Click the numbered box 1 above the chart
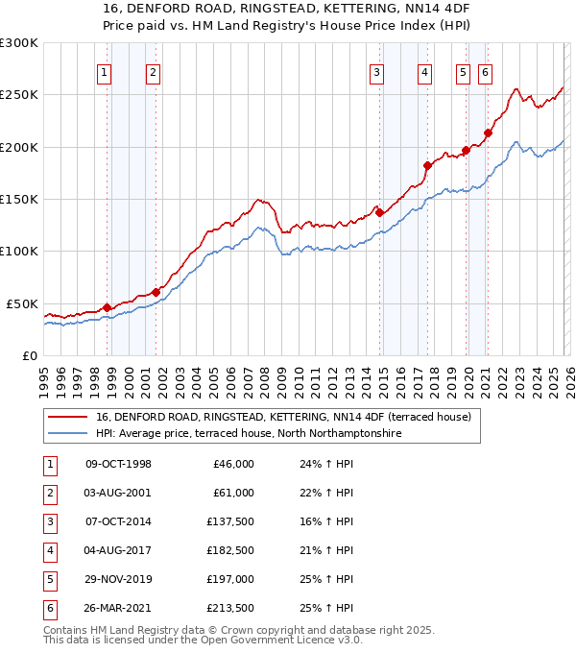click(104, 71)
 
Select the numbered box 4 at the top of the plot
click(424, 71)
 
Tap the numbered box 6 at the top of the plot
click(486, 71)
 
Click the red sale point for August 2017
click(427, 165)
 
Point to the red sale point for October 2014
click(379, 212)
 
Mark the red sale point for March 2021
click(489, 133)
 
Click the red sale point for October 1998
click(107, 307)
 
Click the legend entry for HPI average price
click(247, 434)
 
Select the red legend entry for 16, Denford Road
click(282, 418)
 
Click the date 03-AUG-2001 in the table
click(119, 493)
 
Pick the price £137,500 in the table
click(231, 521)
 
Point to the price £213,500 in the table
click(231, 609)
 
